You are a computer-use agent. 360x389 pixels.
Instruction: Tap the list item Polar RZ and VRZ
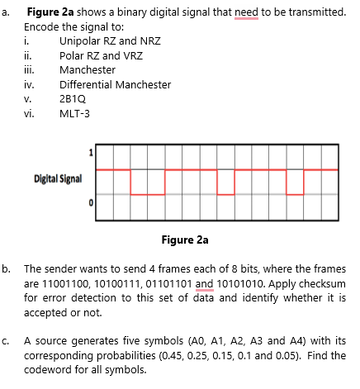(96, 55)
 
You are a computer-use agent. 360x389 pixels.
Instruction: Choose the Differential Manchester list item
(116, 84)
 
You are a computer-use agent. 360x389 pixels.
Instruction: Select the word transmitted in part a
(314, 12)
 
